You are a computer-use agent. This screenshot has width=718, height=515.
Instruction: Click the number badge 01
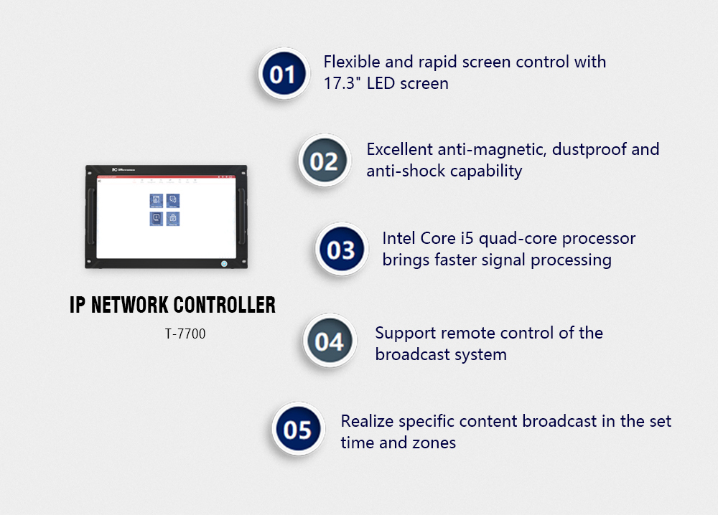point(283,73)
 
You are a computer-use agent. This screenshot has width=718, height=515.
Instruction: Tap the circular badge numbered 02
point(324,161)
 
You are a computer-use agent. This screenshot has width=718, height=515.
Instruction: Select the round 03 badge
point(341,250)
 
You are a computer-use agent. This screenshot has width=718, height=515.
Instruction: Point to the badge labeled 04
point(329,341)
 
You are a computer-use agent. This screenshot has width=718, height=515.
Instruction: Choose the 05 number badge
point(297,429)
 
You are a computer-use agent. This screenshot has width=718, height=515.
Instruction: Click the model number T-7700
point(185,333)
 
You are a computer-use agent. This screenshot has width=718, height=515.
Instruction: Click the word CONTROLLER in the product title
point(224,305)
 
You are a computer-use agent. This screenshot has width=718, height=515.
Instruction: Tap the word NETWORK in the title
point(130,305)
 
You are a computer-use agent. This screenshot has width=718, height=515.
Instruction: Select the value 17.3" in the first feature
point(342,83)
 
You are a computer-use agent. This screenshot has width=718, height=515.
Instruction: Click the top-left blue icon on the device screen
point(156,200)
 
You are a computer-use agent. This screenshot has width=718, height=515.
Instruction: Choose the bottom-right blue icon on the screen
point(173,218)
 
